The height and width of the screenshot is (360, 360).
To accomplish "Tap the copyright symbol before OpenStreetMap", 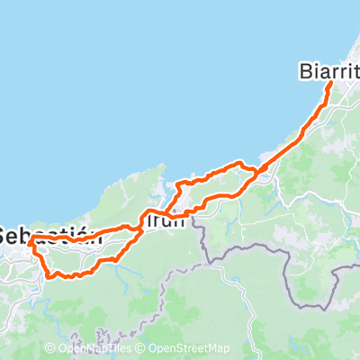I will (x=141, y=348).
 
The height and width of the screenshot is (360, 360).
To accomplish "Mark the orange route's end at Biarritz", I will (x=332, y=83).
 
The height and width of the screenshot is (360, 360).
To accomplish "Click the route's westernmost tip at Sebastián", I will (x=30, y=241).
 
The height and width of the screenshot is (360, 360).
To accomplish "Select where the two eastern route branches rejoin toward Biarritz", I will (x=257, y=171).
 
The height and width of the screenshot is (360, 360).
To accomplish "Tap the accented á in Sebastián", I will (x=76, y=234).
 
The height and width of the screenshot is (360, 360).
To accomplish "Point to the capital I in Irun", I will (x=147, y=220).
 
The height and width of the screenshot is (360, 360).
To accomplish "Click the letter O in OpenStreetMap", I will (x=152, y=348).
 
